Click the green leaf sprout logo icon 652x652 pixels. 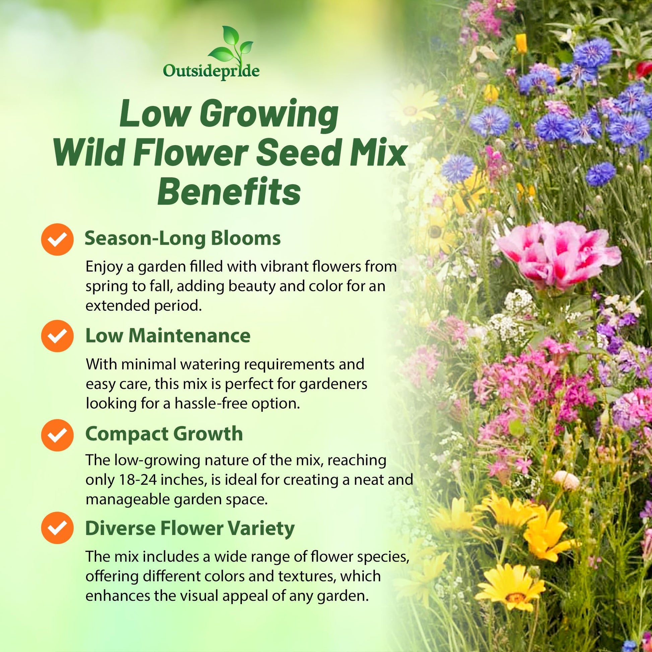click(x=230, y=46)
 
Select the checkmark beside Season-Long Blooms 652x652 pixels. click(x=57, y=239)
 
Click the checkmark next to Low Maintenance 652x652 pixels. click(x=57, y=336)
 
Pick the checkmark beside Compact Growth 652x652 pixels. click(x=57, y=435)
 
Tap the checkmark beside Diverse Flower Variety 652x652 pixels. click(x=57, y=528)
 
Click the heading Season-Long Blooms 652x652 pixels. click(x=183, y=239)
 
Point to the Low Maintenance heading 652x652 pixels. click(x=168, y=335)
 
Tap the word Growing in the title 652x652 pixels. click(x=268, y=116)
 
